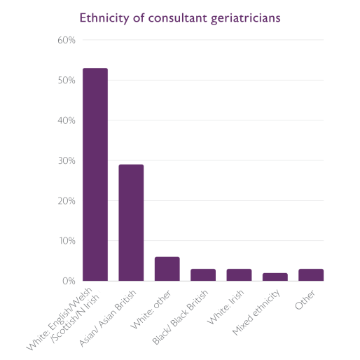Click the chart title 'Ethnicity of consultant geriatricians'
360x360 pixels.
180,17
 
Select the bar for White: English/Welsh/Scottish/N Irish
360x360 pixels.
95,174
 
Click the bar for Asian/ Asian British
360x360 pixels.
131,223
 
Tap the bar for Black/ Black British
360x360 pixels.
203,275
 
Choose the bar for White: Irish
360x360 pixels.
239,275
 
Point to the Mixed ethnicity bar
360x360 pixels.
275,277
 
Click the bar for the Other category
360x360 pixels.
311,275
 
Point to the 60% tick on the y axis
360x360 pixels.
66,40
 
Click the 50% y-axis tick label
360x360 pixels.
66,81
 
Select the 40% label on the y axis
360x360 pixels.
66,120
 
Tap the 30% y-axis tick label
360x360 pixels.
66,160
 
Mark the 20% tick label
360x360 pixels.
66,201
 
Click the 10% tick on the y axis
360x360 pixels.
66,241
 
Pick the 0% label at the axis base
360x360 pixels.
68,281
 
